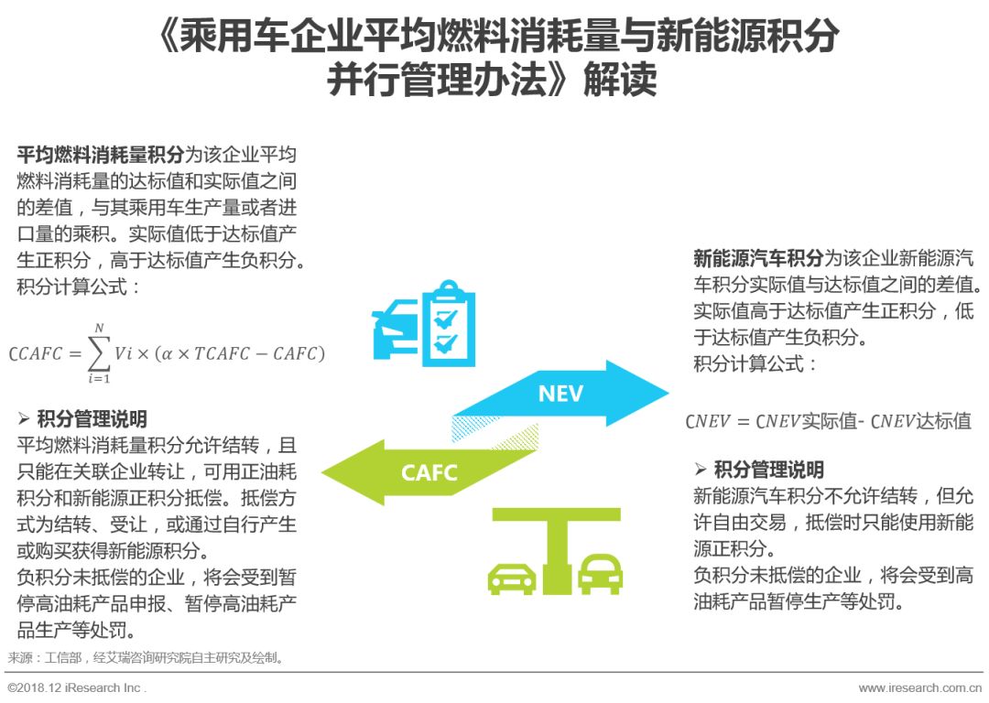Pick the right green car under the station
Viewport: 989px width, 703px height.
coord(601,573)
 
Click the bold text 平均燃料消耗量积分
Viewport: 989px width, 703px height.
coord(101,154)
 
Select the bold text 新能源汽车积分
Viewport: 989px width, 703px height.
coord(758,258)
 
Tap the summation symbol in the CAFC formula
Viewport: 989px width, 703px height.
coord(98,352)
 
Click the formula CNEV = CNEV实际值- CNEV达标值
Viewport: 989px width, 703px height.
coord(828,422)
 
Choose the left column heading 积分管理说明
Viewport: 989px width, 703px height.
coord(92,420)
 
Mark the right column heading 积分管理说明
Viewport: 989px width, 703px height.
coord(768,470)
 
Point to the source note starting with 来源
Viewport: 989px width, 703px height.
coord(147,657)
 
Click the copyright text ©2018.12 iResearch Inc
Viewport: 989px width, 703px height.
coord(77,687)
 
